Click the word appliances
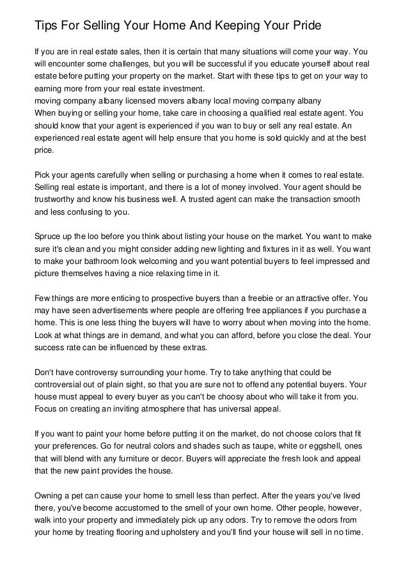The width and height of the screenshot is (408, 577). point(263,311)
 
